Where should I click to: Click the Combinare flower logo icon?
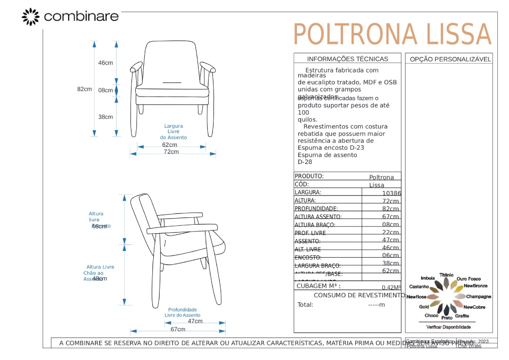(x=31, y=16)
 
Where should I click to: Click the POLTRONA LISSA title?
(x=392, y=35)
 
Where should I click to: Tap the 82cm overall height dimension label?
(x=84, y=89)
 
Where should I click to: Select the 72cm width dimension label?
(x=171, y=152)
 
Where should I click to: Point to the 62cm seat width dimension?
(x=170, y=145)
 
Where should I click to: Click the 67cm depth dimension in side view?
(x=178, y=329)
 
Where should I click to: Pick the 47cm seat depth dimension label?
(x=195, y=321)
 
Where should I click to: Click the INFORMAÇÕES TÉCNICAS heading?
(x=347, y=59)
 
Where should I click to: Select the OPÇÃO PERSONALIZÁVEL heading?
(x=450, y=59)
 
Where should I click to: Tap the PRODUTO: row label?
(x=309, y=176)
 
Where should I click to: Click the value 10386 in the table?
(x=391, y=193)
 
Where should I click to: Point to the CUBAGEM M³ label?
(x=318, y=286)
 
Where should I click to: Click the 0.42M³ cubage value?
(x=391, y=287)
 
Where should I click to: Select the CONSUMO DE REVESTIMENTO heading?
(x=359, y=295)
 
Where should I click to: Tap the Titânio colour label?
(x=446, y=275)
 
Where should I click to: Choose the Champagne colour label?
(x=478, y=297)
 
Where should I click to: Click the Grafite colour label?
(x=462, y=316)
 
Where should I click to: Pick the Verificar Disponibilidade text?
(x=448, y=327)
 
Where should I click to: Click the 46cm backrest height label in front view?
(x=106, y=63)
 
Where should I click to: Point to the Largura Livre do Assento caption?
(x=173, y=132)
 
